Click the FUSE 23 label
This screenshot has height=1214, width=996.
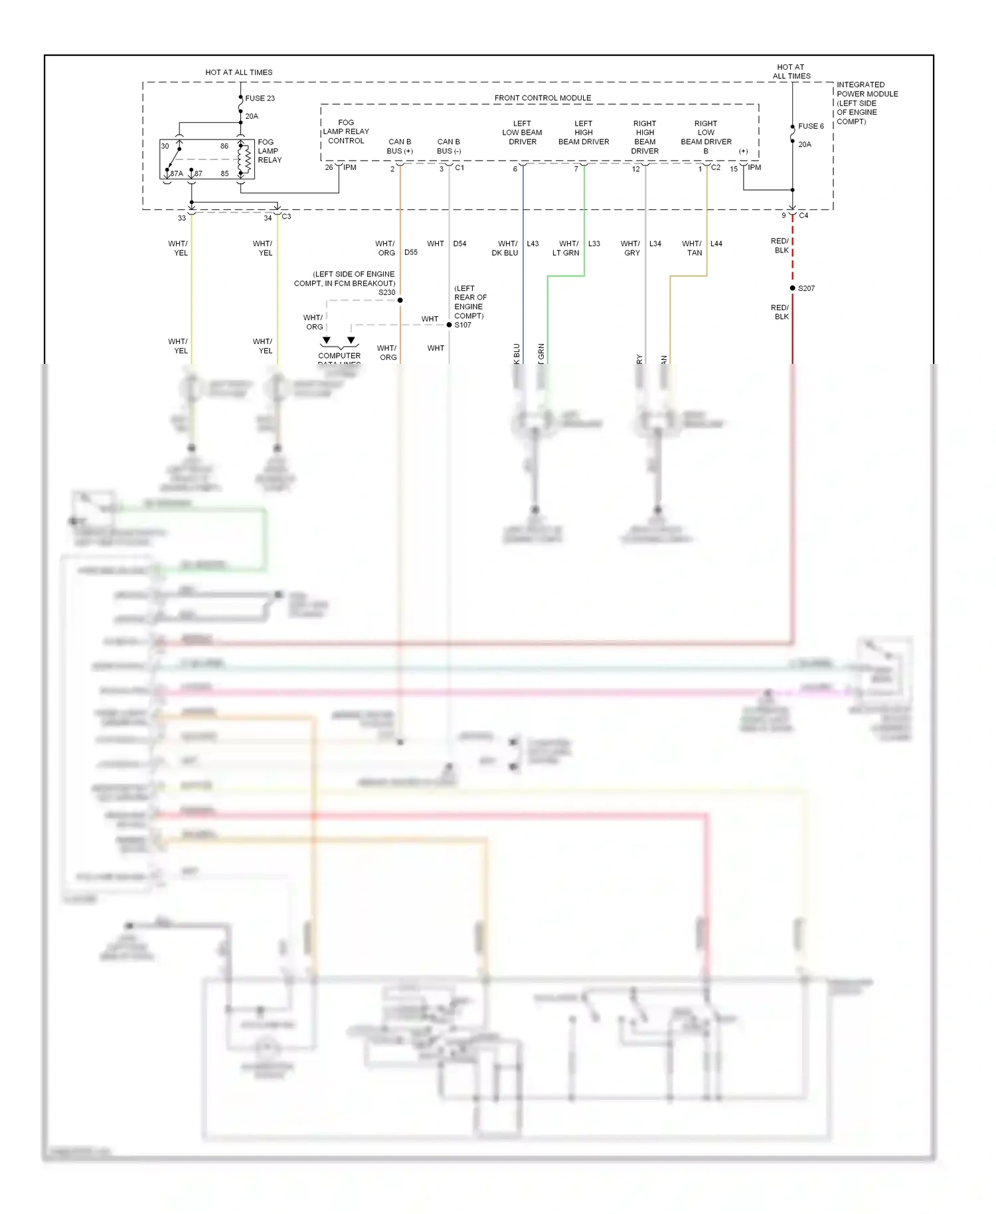coord(260,98)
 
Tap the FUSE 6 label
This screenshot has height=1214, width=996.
coord(811,126)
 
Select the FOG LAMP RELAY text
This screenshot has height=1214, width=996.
coord(269,151)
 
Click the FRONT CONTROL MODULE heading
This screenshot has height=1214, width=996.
coord(542,98)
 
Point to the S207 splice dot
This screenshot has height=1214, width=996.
coord(792,288)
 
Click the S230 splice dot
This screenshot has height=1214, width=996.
coord(400,300)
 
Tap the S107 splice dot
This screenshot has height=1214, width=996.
coord(449,325)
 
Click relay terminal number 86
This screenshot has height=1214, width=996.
coord(224,146)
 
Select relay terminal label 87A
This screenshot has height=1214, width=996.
coord(177,173)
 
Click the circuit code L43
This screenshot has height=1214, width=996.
coord(533,244)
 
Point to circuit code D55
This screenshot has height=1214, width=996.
coord(411,252)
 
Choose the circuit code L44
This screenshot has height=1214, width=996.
coord(716,244)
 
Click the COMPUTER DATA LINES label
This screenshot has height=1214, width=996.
coord(339,357)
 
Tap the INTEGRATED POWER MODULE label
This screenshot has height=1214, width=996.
coord(867,103)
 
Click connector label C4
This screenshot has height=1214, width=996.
coord(803,216)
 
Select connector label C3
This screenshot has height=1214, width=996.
coord(286,217)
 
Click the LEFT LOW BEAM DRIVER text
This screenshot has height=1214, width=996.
coord(522,133)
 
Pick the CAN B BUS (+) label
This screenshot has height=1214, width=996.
coord(400,146)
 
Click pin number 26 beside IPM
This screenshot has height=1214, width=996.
coord(329,167)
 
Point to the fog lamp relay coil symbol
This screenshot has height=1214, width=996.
coord(244,159)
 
